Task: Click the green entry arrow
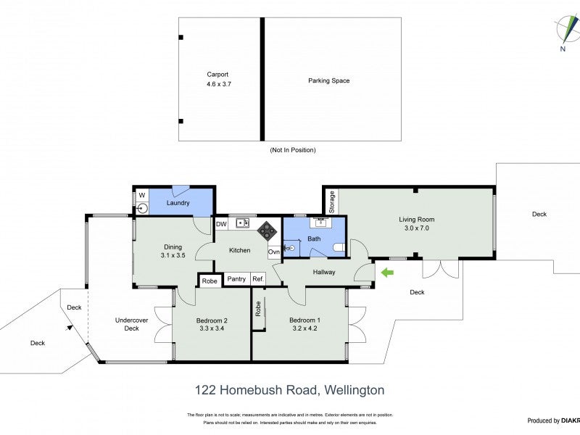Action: (x=387, y=273)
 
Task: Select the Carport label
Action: (x=217, y=74)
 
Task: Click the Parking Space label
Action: (x=328, y=80)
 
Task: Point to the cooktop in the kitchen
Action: (x=265, y=231)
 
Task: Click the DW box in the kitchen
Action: (x=221, y=225)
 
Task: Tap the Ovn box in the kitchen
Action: (x=273, y=252)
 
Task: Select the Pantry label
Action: (x=236, y=279)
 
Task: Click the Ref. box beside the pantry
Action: (x=258, y=279)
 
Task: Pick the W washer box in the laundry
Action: (x=141, y=194)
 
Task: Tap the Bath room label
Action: (x=314, y=239)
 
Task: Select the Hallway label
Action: (x=324, y=273)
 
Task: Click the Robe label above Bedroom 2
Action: (x=210, y=281)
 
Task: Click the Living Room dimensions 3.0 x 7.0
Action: (x=416, y=228)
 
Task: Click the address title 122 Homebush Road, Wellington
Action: (x=289, y=390)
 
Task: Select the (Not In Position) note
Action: (x=292, y=150)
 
